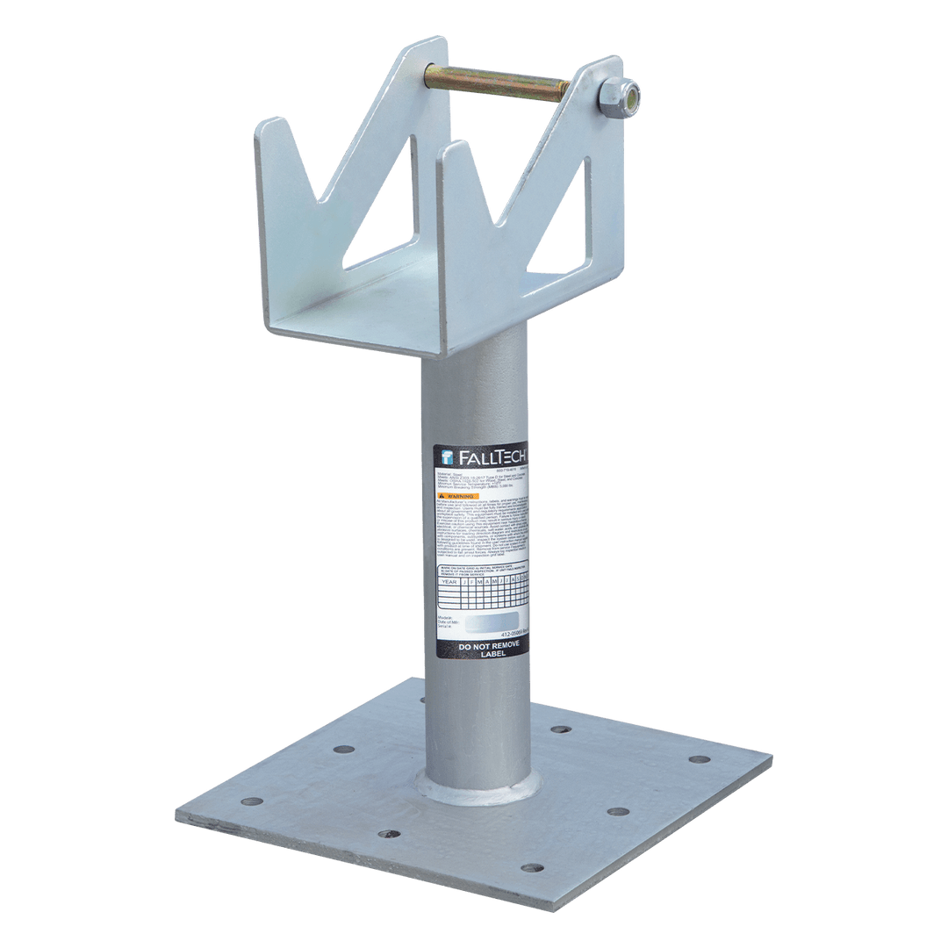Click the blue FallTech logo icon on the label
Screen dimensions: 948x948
pyautogui.click(x=446, y=456)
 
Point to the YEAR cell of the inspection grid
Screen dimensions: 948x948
pyautogui.click(x=449, y=581)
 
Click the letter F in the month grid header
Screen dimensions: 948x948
pyautogui.click(x=472, y=581)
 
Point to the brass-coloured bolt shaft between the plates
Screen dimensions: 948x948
pyautogui.click(x=496, y=85)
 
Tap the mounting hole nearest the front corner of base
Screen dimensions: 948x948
pyautogui.click(x=531, y=868)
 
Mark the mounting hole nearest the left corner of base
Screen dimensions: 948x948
pyautogui.click(x=251, y=801)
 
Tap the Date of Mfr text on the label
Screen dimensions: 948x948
pyautogui.click(x=449, y=622)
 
